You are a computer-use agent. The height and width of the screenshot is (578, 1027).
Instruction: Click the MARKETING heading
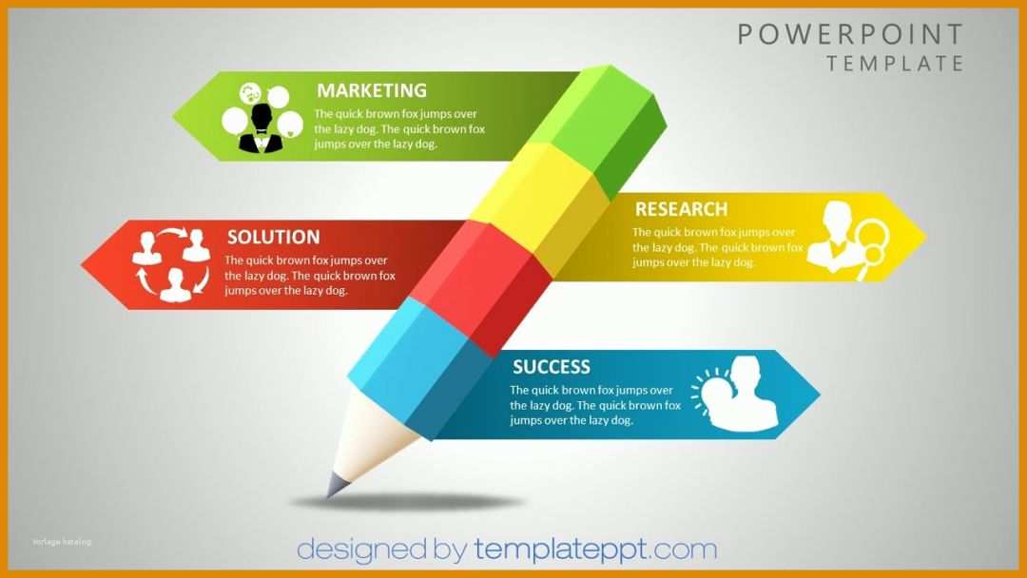[371, 90]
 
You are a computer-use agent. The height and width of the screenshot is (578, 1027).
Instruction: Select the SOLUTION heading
[273, 237]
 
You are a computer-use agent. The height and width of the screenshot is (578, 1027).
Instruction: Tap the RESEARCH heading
[681, 209]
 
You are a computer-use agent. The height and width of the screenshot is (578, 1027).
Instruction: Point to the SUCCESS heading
[551, 367]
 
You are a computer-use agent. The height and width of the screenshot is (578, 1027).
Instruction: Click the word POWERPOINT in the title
[850, 34]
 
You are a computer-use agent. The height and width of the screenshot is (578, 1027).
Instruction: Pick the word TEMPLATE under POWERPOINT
[895, 64]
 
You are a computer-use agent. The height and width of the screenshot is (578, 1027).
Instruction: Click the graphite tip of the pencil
[335, 486]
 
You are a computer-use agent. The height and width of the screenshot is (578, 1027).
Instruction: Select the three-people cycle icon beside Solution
[172, 263]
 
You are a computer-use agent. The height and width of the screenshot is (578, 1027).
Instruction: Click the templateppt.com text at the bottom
[594, 549]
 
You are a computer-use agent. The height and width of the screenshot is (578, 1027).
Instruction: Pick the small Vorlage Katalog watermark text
[62, 542]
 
